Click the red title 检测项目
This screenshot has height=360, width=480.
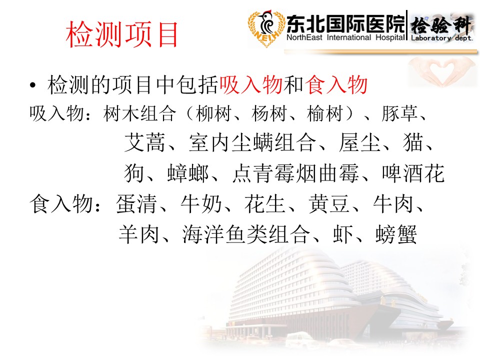click(x=122, y=34)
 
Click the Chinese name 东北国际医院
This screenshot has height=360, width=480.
click(x=345, y=24)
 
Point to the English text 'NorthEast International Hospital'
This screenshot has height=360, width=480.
click(x=345, y=37)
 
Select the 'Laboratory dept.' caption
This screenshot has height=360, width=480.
click(x=441, y=38)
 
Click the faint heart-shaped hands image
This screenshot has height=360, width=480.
click(x=441, y=71)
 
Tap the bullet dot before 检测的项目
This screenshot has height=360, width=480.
click(x=33, y=85)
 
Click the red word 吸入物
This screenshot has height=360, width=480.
click(x=251, y=85)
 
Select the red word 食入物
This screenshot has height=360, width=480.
click(x=336, y=85)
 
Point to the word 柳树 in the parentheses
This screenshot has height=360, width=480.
click(x=213, y=113)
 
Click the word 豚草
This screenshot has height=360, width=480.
click(x=399, y=113)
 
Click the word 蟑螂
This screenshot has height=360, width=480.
click(x=188, y=173)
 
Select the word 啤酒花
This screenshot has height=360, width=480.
click(x=413, y=173)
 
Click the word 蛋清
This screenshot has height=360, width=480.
click(x=136, y=204)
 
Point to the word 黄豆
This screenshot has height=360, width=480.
click(x=329, y=204)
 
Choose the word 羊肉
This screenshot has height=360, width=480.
click(x=139, y=234)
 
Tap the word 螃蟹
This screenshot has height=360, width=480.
click(x=396, y=234)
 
